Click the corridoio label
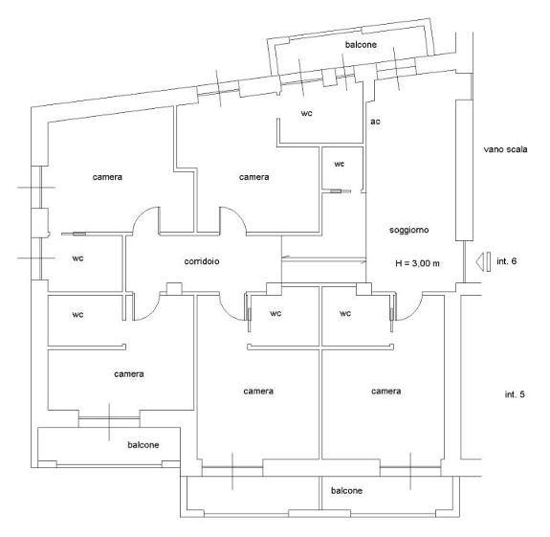202,261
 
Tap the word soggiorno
409,231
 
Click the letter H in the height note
398,263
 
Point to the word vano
492,149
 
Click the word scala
516,149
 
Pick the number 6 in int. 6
514,261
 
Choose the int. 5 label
515,394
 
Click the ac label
375,122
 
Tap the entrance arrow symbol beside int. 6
483,262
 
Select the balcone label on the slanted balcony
361,45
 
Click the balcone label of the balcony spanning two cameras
346,490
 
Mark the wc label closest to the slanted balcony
307,113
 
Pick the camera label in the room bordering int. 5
385,391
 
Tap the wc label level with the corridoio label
77,258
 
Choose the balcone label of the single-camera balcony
143,445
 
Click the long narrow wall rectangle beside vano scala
464,170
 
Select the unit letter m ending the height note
436,264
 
